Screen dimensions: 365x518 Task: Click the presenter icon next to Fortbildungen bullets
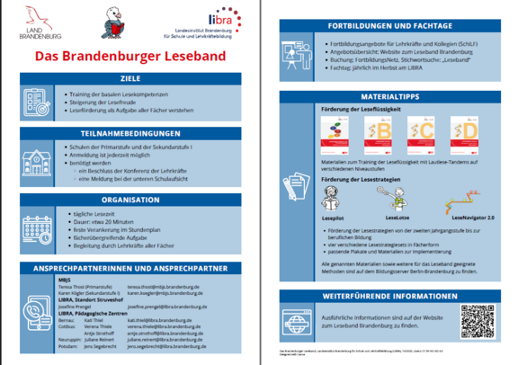pyautogui.click(x=296, y=53)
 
